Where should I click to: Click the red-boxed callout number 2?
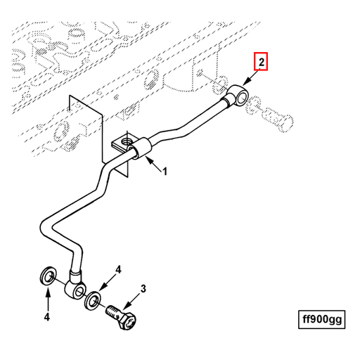click(x=262, y=63)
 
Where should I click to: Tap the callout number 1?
click(x=165, y=171)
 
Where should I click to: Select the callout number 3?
click(x=143, y=288)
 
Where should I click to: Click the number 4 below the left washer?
click(x=48, y=317)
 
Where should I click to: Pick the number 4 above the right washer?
click(x=119, y=269)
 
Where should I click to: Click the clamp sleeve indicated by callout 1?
click(x=143, y=149)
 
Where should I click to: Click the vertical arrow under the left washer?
click(x=48, y=298)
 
